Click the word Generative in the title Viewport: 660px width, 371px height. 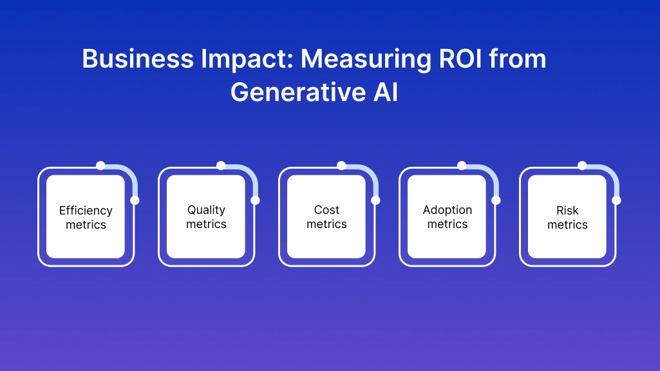click(295, 93)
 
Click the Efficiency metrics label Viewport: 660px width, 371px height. click(86, 218)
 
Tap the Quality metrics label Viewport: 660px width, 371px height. click(206, 217)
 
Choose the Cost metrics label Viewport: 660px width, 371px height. click(326, 217)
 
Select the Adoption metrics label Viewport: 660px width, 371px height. click(447, 217)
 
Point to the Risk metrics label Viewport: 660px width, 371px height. click(567, 218)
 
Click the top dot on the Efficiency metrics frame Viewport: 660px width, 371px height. click(100, 166)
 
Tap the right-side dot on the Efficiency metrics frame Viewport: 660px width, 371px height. click(135, 200)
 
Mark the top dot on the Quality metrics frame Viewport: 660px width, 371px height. click(221, 166)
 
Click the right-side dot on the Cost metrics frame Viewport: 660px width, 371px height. click(375, 200)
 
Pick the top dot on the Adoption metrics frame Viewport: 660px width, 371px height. click(462, 166)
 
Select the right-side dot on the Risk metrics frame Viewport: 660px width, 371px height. click(616, 200)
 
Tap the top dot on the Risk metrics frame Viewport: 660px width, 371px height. click(582, 166)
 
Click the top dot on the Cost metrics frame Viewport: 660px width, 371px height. click(341, 166)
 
